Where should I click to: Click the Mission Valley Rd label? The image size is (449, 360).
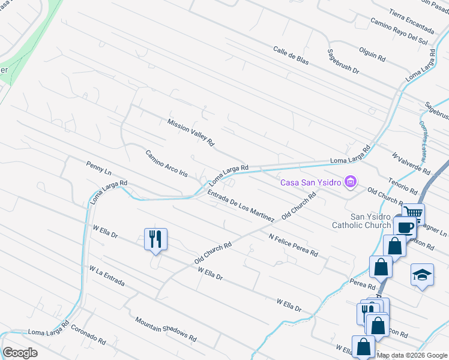(x=191, y=133)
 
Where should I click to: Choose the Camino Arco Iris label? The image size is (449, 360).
(x=166, y=163)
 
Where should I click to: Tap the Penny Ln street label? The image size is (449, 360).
(x=99, y=168)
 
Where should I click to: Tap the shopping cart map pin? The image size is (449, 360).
(x=412, y=212)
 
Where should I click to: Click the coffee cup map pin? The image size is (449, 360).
(x=405, y=227)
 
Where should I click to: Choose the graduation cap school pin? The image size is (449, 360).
(x=422, y=275)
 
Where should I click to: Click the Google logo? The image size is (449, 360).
(x=20, y=353)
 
